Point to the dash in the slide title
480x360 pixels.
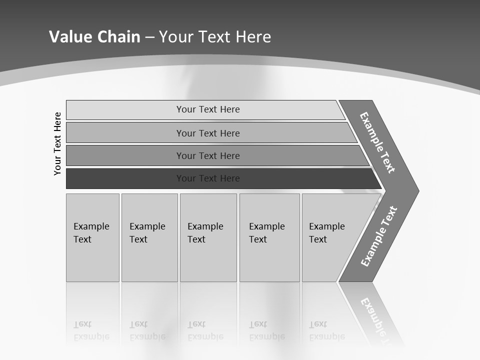pos(149,37)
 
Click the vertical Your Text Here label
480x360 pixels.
pos(57,143)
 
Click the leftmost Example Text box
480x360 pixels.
pos(92,237)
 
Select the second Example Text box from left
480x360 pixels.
pos(149,237)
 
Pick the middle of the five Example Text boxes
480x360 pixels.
pos(208,237)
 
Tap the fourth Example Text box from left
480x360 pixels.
pos(269,237)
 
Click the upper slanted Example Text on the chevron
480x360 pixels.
pos(377,142)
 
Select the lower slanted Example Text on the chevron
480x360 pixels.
pos(379,236)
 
